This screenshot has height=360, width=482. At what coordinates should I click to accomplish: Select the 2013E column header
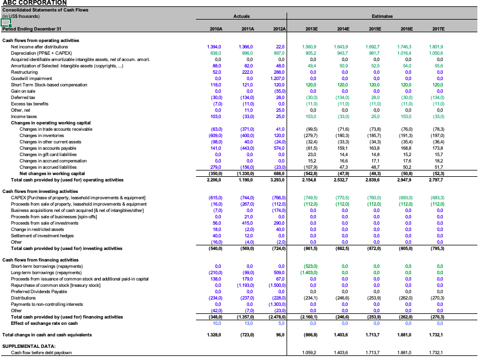(x=310, y=28)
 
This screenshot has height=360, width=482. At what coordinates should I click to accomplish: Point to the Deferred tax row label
(x=22, y=98)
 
